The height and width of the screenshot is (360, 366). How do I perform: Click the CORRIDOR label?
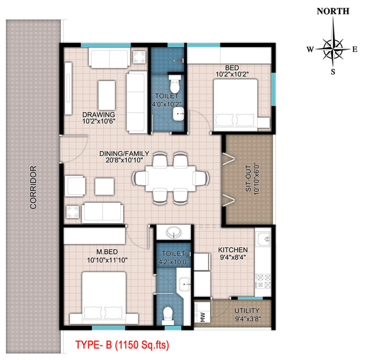[x=33, y=187]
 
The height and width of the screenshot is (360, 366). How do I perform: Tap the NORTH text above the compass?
[x=333, y=11]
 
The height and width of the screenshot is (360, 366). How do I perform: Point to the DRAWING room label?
[x=99, y=115]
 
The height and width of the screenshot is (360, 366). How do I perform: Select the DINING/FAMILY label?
[x=124, y=154]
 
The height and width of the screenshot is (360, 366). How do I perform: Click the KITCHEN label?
[x=233, y=250]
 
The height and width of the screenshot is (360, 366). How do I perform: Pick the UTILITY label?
[x=247, y=311]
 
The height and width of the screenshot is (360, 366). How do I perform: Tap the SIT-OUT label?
[x=248, y=179]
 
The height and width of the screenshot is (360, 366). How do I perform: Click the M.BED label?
[x=107, y=252]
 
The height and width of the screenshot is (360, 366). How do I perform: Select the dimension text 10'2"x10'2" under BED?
[x=232, y=74]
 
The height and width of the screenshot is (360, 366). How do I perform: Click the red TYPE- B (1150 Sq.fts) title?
[x=122, y=345]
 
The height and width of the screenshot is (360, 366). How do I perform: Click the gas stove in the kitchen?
[x=263, y=282]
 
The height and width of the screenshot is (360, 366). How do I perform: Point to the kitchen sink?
[x=264, y=239]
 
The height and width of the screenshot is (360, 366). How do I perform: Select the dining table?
[x=171, y=179]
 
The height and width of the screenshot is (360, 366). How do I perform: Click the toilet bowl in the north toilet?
[x=174, y=84]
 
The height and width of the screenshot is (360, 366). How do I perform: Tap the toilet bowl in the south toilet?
[x=168, y=316]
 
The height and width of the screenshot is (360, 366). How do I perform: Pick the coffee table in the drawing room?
[x=107, y=95]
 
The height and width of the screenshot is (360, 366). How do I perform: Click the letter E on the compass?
[x=355, y=49]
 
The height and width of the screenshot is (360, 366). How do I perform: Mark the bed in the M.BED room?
[x=104, y=298]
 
